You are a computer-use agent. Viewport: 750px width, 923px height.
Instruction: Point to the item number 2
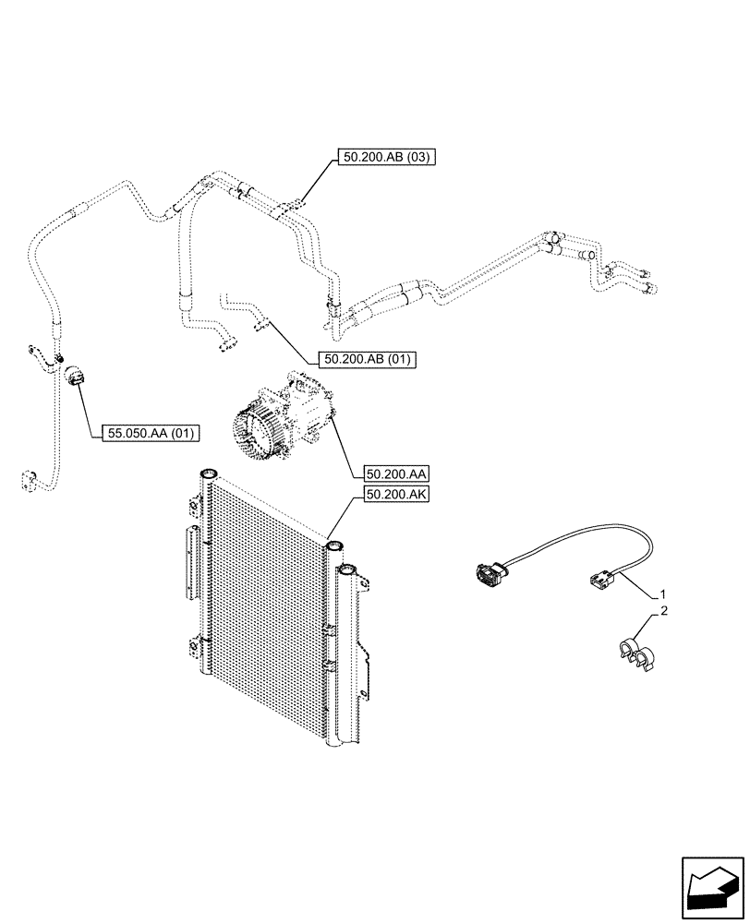coord(662,611)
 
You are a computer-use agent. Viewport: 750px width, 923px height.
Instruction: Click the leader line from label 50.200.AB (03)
coord(315,180)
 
